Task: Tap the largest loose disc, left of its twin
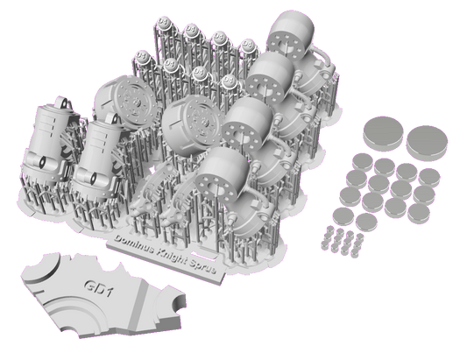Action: [x=384, y=131]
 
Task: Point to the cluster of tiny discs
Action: [x=340, y=237]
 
